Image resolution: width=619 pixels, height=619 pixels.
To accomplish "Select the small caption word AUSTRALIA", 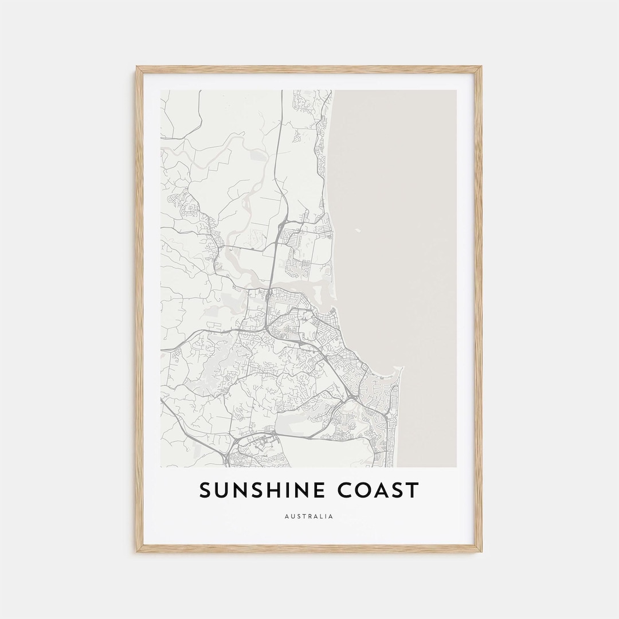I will coord(309,516).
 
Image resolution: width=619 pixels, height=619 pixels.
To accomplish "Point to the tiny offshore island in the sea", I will coord(358,232).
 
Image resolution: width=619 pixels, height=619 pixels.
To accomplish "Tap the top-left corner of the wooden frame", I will coord(138,68).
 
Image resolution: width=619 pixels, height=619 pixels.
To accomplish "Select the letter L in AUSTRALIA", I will coord(322,516).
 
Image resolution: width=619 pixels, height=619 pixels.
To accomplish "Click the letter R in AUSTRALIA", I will coord(310,516).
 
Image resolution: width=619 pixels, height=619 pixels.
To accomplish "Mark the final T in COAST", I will coord(413,491).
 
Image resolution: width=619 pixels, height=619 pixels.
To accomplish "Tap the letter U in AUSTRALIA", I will coord(292,516).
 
